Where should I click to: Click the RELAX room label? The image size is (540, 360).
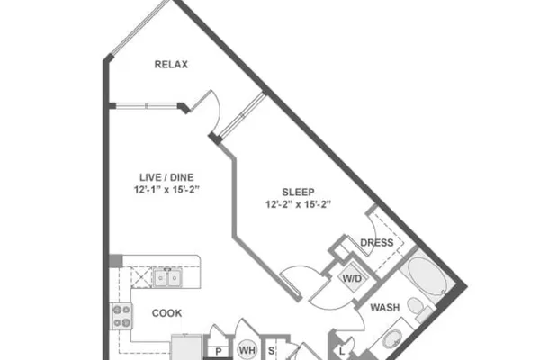tap(171, 65)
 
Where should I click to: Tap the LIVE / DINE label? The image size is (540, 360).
tap(166, 177)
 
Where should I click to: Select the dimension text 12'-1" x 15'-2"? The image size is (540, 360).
tap(166, 190)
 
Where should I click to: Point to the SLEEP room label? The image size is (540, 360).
tap(298, 192)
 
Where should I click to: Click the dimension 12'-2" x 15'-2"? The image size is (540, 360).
tap(298, 204)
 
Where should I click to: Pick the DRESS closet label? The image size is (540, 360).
tap(377, 243)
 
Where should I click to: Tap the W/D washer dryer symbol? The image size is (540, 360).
tap(352, 278)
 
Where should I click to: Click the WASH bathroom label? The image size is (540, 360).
tap(385, 307)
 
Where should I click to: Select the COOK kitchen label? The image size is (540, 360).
tap(167, 313)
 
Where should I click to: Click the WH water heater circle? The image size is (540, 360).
tap(247, 350)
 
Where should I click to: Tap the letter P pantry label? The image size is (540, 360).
tap(219, 352)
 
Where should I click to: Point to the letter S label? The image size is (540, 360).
tap(272, 351)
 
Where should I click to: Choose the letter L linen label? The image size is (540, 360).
tap(342, 352)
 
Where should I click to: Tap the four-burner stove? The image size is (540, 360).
tap(121, 316)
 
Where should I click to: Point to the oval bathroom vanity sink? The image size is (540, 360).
tap(392, 339)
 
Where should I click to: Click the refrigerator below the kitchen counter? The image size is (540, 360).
tap(186, 347)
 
